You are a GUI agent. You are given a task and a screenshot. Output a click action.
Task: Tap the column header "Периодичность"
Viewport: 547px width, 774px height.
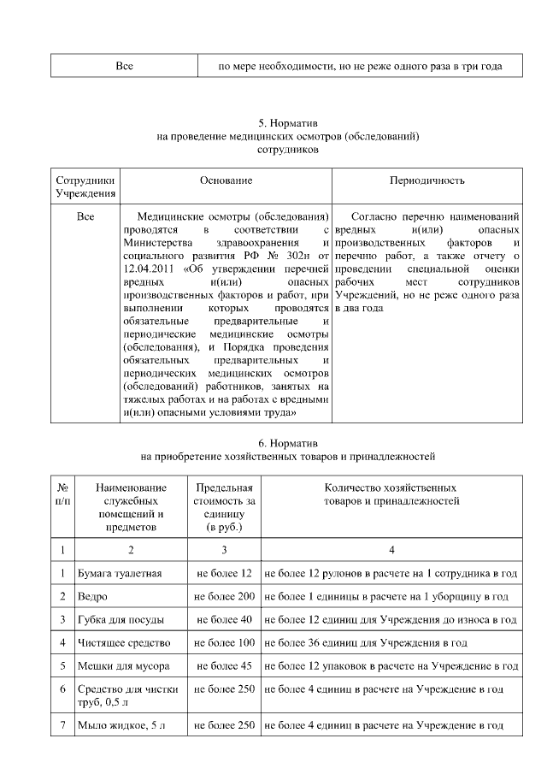click(426, 180)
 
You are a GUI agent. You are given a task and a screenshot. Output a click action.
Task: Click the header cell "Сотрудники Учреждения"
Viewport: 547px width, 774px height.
click(85, 187)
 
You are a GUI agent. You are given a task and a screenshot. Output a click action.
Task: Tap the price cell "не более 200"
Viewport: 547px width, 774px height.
click(224, 595)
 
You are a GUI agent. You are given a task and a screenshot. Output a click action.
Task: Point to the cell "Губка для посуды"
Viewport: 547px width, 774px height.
click(121, 618)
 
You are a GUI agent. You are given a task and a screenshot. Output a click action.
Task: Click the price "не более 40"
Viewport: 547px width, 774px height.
click(224, 618)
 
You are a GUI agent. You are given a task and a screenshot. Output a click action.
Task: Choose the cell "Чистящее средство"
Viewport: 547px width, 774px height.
click(124, 641)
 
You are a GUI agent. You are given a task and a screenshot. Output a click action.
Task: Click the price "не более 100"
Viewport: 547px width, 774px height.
click(224, 641)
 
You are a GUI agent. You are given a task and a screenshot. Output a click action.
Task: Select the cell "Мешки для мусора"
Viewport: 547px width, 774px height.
click(123, 665)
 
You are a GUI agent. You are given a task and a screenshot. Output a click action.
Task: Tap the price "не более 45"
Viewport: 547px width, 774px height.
click(224, 665)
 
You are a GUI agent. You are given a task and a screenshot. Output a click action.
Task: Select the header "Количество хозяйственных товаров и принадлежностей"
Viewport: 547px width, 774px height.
click(392, 494)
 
